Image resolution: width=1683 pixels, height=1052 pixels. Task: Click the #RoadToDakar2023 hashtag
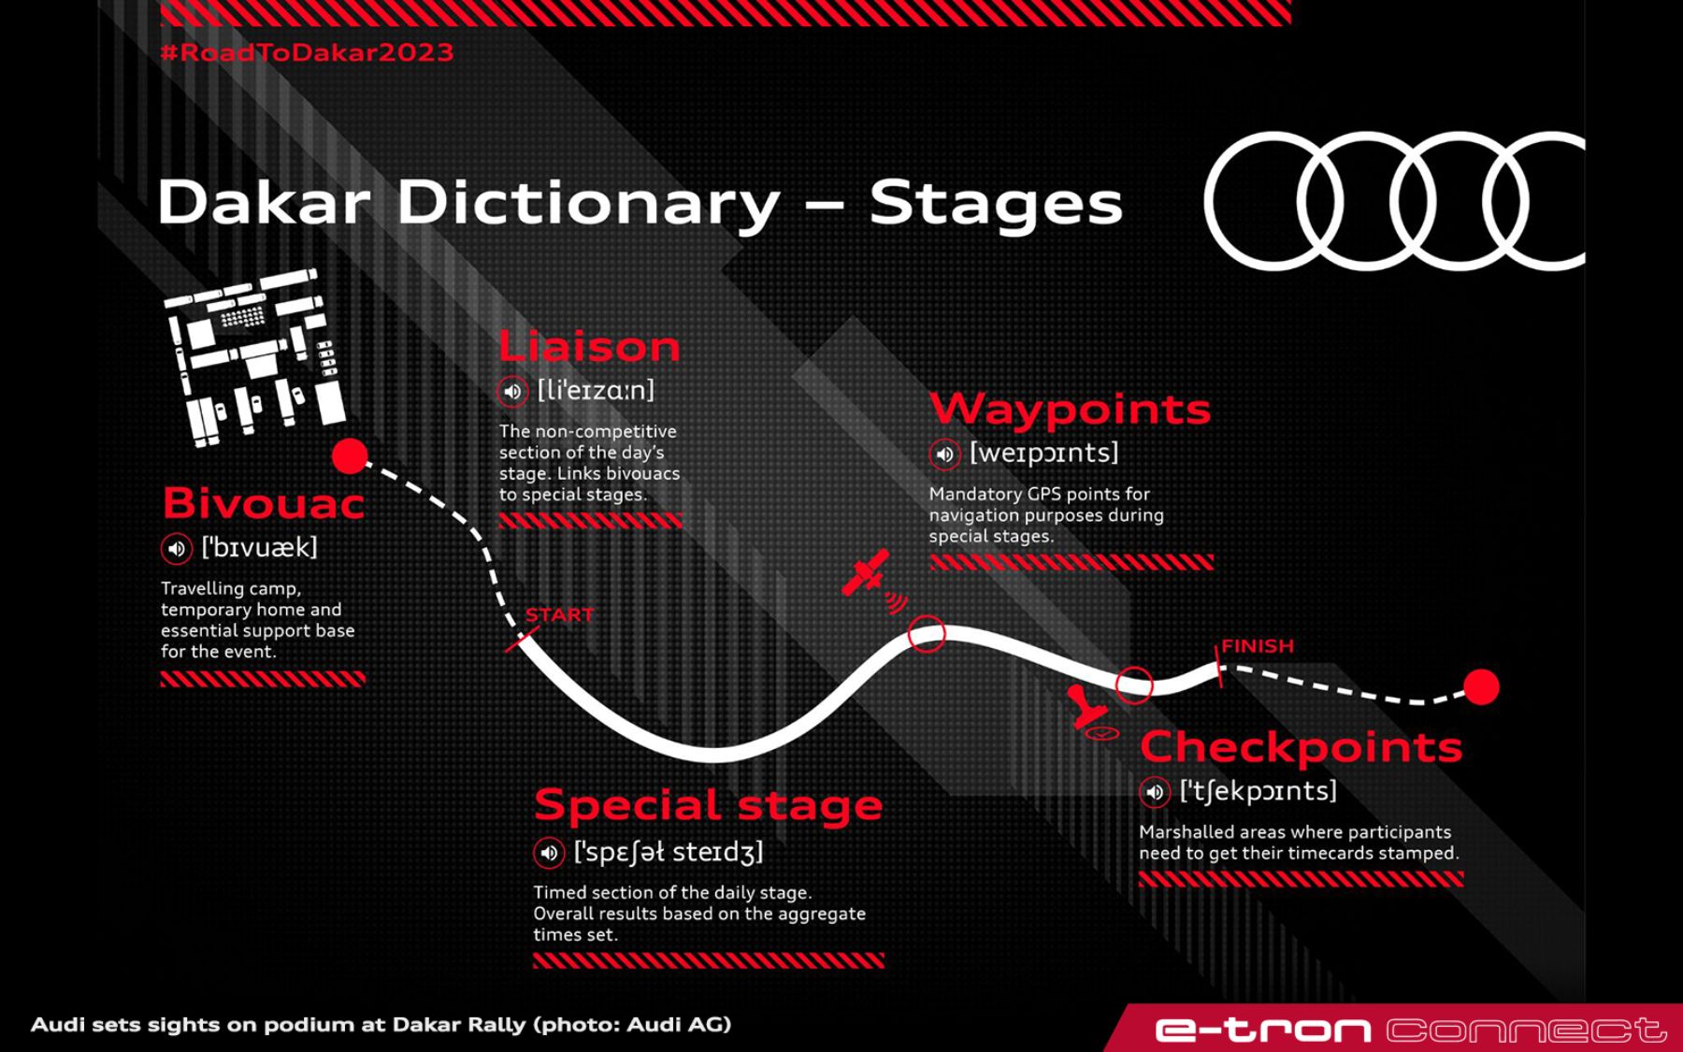[x=307, y=52]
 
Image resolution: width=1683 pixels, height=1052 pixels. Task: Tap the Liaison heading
[x=589, y=347]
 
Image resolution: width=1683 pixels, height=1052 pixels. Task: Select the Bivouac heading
[x=263, y=503]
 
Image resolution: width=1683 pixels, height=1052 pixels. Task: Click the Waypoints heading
[x=1071, y=409]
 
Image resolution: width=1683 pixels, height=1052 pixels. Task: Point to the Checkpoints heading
[x=1301, y=746]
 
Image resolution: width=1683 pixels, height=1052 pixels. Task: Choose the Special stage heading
[x=708, y=805]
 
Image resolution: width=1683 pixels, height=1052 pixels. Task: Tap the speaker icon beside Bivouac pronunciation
[x=176, y=549]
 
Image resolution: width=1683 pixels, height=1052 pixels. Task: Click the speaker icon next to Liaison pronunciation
[x=512, y=391]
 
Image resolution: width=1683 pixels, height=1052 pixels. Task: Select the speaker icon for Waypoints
[x=944, y=454]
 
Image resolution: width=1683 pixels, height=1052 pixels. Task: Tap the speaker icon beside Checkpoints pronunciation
[x=1155, y=793]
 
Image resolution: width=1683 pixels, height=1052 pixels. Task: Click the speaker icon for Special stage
[x=549, y=853]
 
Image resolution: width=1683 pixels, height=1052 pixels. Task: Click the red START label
[x=559, y=614]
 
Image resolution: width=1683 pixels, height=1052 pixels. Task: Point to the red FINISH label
[x=1258, y=646]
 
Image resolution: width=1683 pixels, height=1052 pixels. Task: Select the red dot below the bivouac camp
[x=351, y=456]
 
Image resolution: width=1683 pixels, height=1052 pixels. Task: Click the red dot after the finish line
[x=1481, y=687]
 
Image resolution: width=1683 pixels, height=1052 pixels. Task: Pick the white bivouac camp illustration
[x=254, y=356]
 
